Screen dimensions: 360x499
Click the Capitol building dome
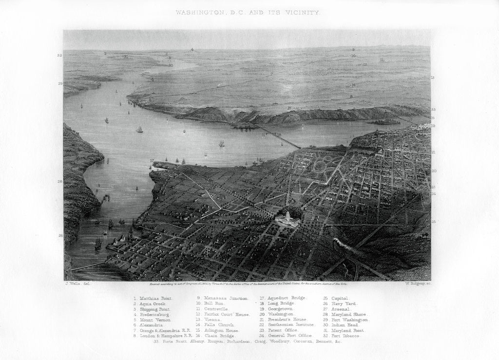coord(288,214)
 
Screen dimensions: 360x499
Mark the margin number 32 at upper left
coord(59,56)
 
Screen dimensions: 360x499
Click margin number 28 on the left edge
coord(60,182)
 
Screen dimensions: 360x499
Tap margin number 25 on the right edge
coord(433,222)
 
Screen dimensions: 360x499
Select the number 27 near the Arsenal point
coord(152,160)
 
